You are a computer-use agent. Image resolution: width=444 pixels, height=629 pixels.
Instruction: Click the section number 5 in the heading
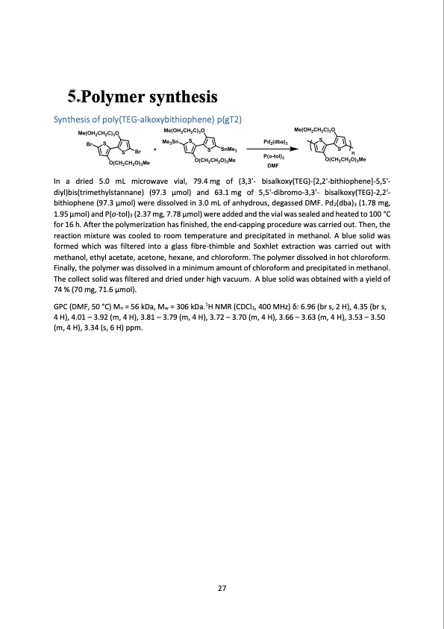tap(71, 96)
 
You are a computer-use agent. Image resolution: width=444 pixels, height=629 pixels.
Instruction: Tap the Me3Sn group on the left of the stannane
tap(171, 140)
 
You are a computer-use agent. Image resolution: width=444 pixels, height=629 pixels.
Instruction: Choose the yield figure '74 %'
tap(63, 289)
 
